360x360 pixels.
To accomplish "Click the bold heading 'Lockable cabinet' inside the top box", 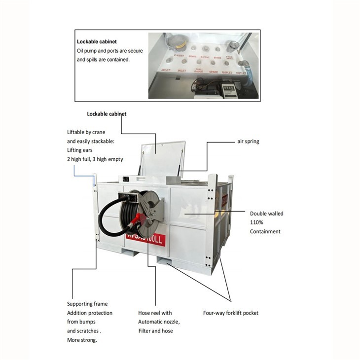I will pos(97,42).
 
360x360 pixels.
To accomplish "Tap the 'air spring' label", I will pos(248,142).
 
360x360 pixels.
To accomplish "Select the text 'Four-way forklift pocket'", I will pos(231,313).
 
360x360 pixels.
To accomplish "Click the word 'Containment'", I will pos(265,231).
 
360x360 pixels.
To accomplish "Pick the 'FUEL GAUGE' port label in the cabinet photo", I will pos(199,70).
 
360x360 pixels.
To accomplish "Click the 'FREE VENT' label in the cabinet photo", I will pos(229,58).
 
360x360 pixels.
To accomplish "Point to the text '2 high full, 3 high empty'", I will pos(95,159).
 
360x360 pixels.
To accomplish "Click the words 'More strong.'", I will pos(82,340).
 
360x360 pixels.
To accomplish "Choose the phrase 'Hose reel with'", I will pos(155,313).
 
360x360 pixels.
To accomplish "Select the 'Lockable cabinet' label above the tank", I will pos(107,114).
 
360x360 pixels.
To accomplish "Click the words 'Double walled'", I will pos(266,214).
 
